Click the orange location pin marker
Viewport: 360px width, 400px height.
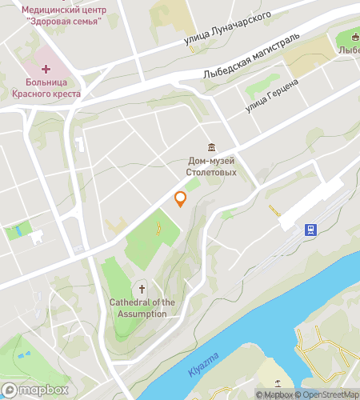(x=181, y=198)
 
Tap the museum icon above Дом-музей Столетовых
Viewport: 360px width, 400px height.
(x=211, y=146)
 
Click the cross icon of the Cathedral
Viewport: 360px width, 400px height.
(x=142, y=289)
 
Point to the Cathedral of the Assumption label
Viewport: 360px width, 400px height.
(x=142, y=308)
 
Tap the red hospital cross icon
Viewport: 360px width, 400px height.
(x=45, y=70)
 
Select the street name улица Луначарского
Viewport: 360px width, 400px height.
(x=227, y=26)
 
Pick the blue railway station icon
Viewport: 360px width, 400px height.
(x=310, y=230)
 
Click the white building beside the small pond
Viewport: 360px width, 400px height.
(x=36, y=236)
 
